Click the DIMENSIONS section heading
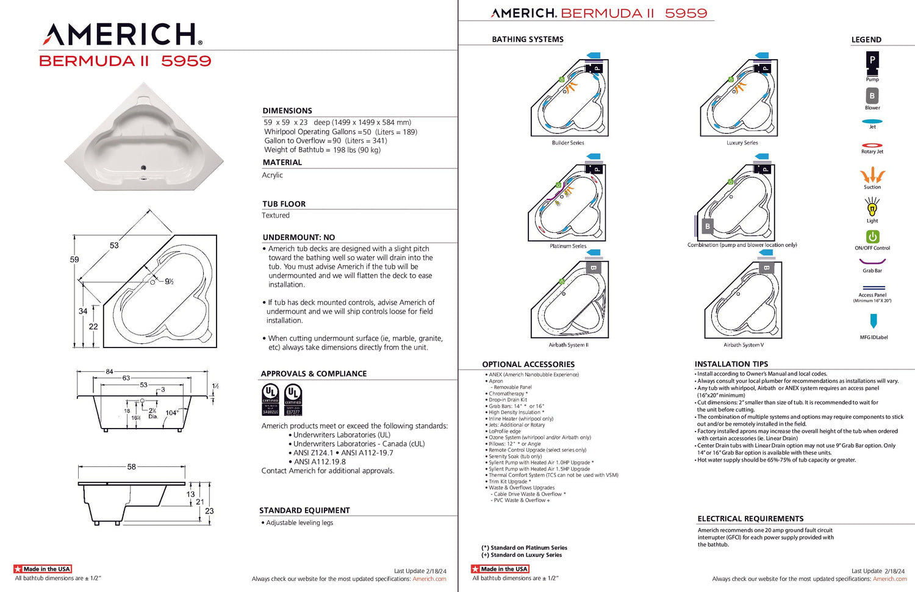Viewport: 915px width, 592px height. [287, 110]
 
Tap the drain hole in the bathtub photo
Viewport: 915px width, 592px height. [144, 168]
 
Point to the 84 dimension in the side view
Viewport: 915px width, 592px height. [109, 371]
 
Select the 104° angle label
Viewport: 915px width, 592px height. [172, 413]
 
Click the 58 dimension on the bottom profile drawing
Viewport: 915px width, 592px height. [131, 467]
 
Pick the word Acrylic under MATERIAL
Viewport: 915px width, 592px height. [272, 175]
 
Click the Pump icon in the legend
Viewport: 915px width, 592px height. [872, 61]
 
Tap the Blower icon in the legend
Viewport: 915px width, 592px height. [872, 96]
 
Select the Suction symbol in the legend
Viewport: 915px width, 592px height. [872, 175]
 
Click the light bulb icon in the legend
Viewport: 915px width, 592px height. [872, 208]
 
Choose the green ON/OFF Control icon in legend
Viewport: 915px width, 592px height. [872, 237]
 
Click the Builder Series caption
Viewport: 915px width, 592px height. [568, 143]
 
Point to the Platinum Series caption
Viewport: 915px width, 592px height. [568, 246]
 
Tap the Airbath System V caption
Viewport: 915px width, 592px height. [743, 345]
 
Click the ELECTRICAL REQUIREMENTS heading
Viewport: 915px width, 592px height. [750, 519]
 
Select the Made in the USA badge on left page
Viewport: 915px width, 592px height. [43, 569]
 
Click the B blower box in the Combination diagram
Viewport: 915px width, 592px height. [708, 226]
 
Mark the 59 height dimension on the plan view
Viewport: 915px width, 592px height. [74, 260]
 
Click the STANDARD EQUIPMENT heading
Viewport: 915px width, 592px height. [304, 510]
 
